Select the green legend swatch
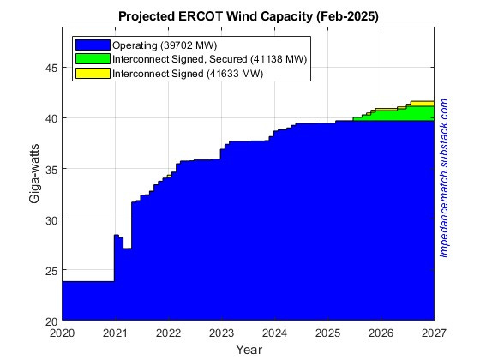click(93, 59)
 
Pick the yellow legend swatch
click(93, 74)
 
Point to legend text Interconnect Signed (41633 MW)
click(189, 74)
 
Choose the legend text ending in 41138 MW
click(211, 59)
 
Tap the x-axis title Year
click(248, 349)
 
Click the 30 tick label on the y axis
click(51, 219)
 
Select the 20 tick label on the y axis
click(51, 321)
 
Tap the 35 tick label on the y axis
click(51, 169)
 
